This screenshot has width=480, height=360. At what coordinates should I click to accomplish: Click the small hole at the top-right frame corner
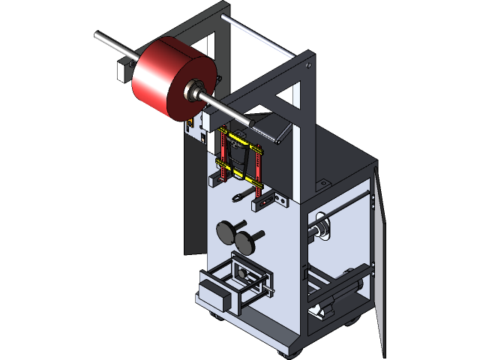pyautogui.click(x=308, y=65)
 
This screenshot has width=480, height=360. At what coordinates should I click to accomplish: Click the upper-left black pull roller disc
pyautogui.click(x=226, y=229)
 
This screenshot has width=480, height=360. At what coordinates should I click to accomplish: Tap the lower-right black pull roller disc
pyautogui.click(x=244, y=241)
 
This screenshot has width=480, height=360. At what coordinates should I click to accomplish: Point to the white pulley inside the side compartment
pyautogui.click(x=323, y=229)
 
